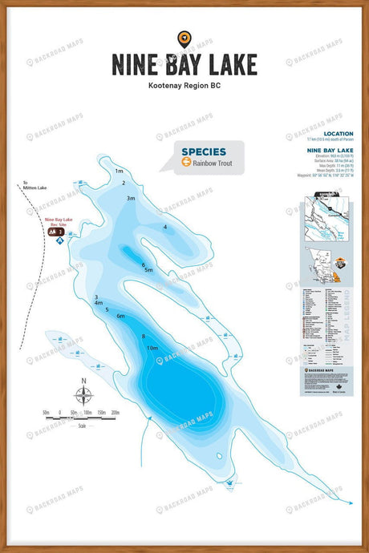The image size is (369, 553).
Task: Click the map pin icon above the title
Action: tap(184, 38)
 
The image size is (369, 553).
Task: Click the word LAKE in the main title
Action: tap(227, 63)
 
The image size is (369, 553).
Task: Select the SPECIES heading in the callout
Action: tap(203, 151)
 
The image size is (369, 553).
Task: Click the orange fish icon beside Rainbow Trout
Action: tap(186, 163)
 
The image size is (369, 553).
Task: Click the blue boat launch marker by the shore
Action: tap(59, 240)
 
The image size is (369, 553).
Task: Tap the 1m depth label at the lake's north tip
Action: tap(119, 171)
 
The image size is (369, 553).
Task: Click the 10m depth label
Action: tap(152, 348)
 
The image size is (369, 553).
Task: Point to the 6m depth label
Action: tap(120, 317)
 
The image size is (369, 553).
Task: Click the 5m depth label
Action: tap(148, 270)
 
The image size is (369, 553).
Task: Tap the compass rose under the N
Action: tap(83, 395)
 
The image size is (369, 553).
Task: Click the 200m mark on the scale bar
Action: tap(115, 412)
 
